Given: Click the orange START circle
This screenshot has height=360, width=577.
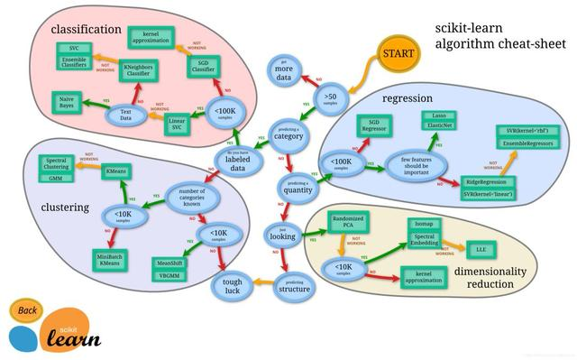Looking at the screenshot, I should (x=398, y=55).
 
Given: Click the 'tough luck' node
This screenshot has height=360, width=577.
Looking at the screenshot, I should (x=227, y=286).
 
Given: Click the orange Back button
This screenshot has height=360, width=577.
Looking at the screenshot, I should (x=28, y=312).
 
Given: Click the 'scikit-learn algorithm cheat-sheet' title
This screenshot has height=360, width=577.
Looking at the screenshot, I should (x=487, y=35).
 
